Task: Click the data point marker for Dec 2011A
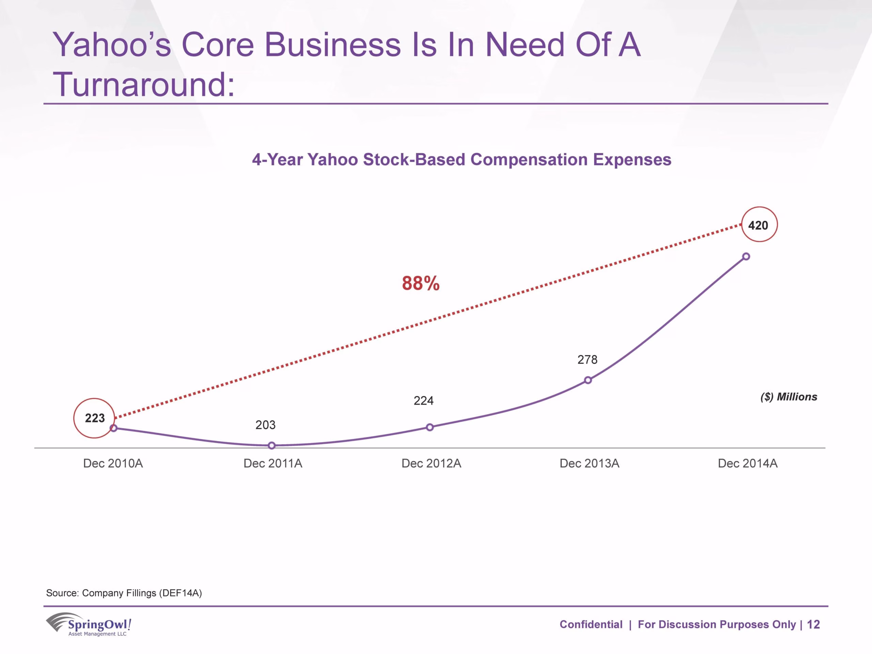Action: point(271,446)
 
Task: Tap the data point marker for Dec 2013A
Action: point(588,380)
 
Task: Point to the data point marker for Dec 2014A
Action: point(746,256)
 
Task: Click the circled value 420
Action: point(758,225)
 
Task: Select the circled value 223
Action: point(95,418)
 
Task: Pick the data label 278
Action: point(587,359)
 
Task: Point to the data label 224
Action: point(423,401)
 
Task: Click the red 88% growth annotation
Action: point(421,283)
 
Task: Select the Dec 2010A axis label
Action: point(113,463)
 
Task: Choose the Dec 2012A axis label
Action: point(431,463)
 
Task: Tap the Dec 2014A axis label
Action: point(748,463)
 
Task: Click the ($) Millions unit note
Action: point(789,396)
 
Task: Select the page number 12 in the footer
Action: point(813,624)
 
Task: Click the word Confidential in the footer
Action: point(591,624)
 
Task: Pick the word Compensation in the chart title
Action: point(529,160)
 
